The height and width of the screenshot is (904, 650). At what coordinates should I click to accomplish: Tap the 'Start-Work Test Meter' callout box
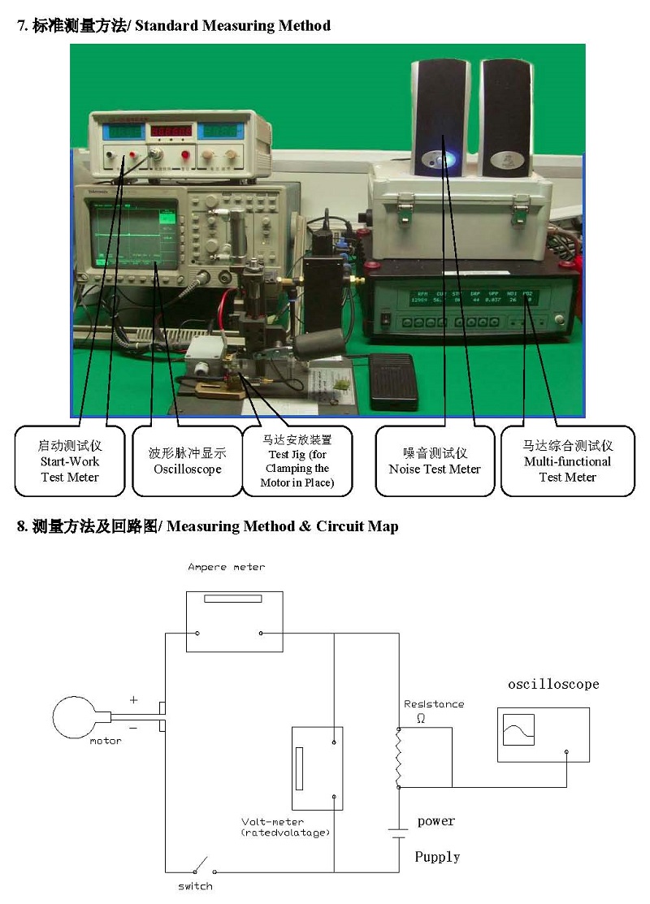tap(70, 461)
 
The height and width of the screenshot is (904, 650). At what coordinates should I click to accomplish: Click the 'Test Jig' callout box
tap(297, 461)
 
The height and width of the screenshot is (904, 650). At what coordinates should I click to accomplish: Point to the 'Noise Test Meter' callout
tap(435, 461)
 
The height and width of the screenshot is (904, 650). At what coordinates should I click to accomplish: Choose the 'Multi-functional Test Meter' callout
tap(567, 461)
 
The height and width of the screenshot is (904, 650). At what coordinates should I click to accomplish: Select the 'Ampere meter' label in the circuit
tap(226, 567)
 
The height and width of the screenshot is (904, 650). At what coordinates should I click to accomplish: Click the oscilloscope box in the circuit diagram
tap(543, 733)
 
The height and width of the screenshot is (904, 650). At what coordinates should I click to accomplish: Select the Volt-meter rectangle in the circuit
tap(317, 768)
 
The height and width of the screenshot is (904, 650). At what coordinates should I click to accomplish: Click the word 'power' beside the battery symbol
tap(436, 821)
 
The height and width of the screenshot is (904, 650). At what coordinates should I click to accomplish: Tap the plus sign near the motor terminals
tap(134, 699)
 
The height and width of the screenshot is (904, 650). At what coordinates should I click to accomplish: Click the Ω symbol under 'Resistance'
tap(420, 718)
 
